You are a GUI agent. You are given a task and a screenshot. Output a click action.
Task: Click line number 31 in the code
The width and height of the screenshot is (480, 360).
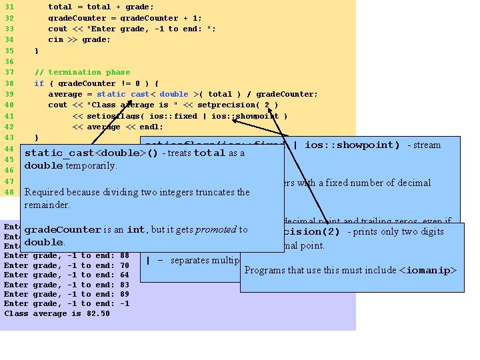point(9,7)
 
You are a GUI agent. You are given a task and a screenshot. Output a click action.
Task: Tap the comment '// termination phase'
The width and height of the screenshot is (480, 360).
point(82,72)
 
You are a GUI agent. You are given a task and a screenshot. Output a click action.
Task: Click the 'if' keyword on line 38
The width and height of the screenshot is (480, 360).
point(39,83)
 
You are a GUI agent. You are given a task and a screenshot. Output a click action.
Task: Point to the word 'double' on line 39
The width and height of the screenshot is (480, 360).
point(174,94)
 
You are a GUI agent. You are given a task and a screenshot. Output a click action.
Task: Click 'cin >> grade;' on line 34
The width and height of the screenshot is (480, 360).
point(79,39)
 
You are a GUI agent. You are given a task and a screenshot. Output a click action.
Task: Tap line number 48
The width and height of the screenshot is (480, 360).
point(9,192)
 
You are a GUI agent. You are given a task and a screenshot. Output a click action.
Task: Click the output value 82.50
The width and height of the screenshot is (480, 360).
point(98,313)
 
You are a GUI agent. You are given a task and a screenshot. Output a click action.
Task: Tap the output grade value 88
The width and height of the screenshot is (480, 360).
point(125,255)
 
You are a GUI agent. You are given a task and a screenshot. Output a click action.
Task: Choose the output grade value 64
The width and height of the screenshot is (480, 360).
point(125,275)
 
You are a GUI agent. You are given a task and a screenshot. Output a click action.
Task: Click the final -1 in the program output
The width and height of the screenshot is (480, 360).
point(125,304)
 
